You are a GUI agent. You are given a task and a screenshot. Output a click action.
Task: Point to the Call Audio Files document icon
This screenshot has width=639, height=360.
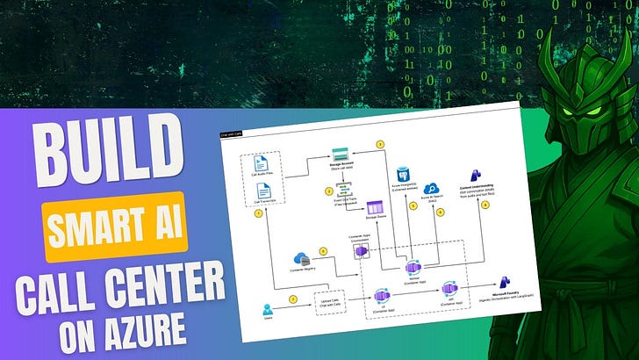(261, 164)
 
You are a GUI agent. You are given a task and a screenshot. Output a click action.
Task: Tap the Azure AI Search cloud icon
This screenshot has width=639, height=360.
(434, 190)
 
